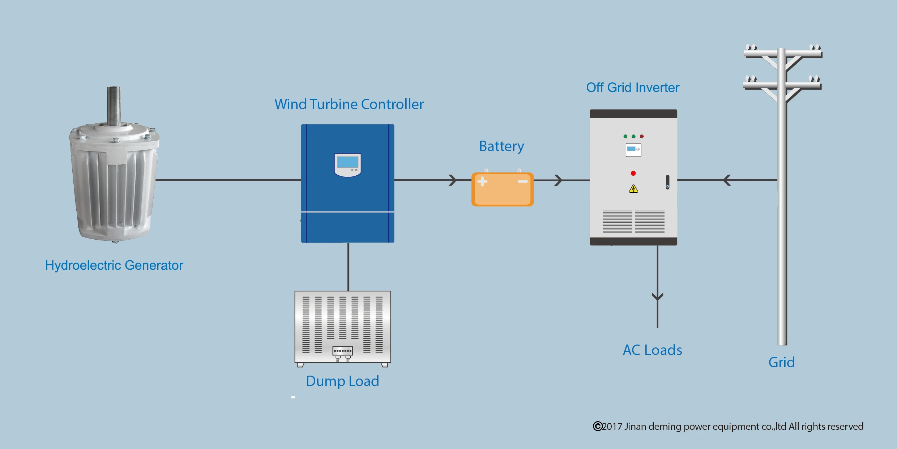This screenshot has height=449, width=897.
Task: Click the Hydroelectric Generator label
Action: coord(114,265)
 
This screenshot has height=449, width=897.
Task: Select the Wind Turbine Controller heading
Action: coord(349,104)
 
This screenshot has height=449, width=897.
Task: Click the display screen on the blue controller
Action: coord(347,162)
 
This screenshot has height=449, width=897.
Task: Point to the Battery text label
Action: coord(501,146)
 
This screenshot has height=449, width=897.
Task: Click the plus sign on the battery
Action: coord(482,181)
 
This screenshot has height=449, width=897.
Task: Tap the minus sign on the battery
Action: coord(523,181)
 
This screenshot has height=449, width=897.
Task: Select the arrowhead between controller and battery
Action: coord(453,180)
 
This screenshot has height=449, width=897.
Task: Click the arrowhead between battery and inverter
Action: coord(558,180)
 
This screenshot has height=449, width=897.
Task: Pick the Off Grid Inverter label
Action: coord(633,87)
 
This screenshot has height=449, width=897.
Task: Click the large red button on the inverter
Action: coord(633,173)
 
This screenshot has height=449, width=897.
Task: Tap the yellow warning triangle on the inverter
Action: coord(633,189)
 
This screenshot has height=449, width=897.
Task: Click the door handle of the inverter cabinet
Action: coord(667,182)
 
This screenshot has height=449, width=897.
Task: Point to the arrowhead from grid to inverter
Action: coord(727,180)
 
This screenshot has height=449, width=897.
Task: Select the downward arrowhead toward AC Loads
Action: coord(657,297)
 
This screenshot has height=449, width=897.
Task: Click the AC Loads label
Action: coord(652,350)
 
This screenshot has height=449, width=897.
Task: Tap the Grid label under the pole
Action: coord(781,362)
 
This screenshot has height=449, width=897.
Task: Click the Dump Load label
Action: coord(342,381)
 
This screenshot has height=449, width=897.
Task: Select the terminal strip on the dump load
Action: coord(342,351)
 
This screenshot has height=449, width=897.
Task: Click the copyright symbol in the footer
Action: coord(597,426)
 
